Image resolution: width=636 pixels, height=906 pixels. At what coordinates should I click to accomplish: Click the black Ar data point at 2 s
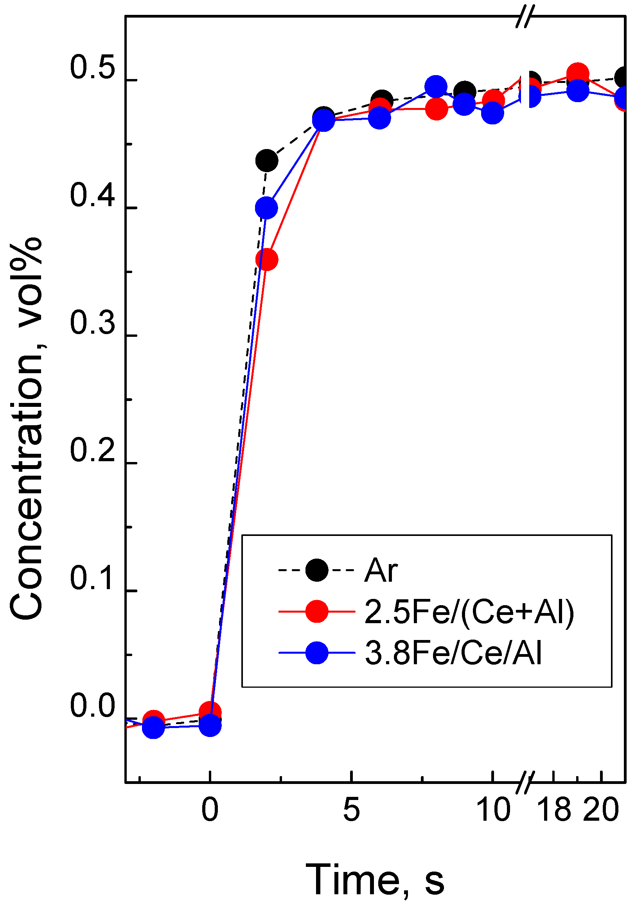point(267,161)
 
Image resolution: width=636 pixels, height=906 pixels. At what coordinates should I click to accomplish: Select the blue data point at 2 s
point(266,208)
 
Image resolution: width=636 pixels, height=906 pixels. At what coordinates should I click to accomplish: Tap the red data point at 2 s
point(267,260)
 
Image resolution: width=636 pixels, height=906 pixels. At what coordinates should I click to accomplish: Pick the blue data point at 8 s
point(436,87)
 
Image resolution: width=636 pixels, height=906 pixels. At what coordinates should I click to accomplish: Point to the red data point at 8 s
point(437,109)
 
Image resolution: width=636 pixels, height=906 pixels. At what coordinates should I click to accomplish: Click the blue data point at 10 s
point(492,114)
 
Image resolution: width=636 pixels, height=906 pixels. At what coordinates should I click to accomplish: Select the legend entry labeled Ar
point(380,571)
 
